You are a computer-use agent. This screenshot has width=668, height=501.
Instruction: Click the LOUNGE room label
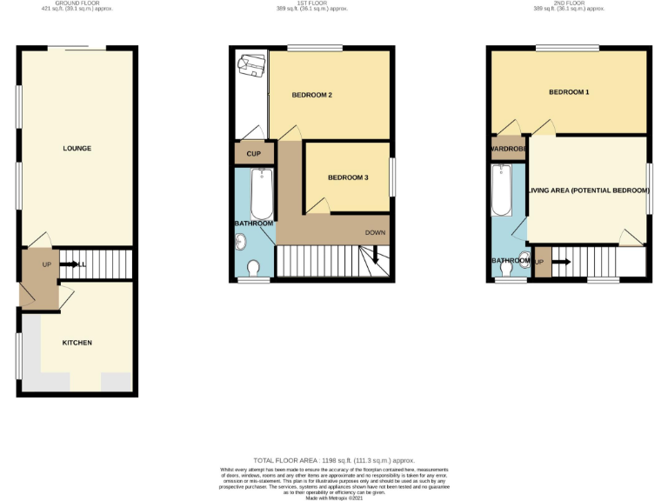click(77, 148)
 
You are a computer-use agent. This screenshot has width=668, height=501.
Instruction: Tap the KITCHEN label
click(77, 343)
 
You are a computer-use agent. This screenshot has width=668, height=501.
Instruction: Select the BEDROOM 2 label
click(312, 95)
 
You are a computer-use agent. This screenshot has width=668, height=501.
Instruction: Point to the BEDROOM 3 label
click(348, 177)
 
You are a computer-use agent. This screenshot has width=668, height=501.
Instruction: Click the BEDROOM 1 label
click(569, 92)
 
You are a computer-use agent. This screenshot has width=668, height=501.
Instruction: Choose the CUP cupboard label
click(254, 154)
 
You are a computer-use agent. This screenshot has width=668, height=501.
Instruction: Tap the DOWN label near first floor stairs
click(375, 232)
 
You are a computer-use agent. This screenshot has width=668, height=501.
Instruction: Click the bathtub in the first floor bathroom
click(262, 194)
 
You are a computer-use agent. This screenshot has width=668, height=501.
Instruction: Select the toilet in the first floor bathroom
click(254, 267)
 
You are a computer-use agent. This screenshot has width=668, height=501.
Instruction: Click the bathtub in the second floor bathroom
click(500, 191)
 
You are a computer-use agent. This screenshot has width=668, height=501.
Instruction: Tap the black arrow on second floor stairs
click(560, 262)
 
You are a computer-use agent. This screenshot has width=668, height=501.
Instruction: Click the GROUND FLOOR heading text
click(77, 3)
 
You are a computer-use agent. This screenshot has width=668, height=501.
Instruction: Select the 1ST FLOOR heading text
click(312, 3)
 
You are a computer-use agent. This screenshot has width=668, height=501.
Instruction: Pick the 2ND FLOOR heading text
click(569, 3)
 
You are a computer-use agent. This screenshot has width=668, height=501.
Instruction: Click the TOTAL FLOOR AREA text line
click(334, 459)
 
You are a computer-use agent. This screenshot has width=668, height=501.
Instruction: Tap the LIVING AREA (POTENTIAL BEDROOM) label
click(589, 190)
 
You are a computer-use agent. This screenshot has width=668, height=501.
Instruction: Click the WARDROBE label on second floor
click(505, 149)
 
